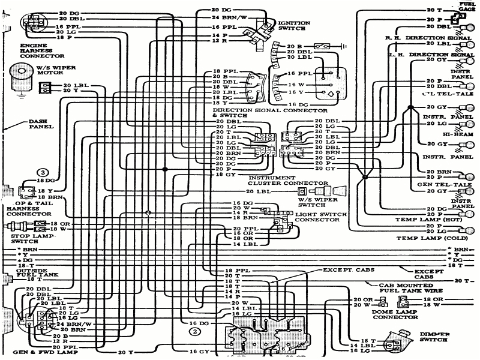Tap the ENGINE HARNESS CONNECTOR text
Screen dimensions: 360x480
(x=37, y=52)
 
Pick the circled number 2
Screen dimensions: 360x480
(x=194, y=329)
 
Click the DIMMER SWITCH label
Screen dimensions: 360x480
(x=433, y=337)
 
